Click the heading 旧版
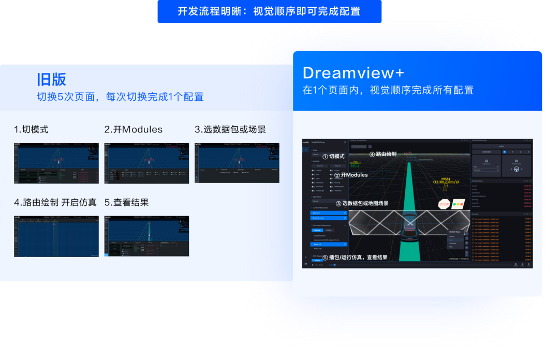click(x=52, y=79)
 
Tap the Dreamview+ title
click(x=354, y=72)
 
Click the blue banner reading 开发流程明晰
click(x=269, y=11)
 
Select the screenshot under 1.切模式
click(x=56, y=163)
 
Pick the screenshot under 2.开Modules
click(x=146, y=163)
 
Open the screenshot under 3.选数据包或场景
click(x=237, y=163)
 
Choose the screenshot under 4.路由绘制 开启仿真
click(x=56, y=236)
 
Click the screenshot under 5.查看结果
click(x=146, y=236)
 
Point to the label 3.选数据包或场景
click(x=230, y=129)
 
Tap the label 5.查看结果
click(x=126, y=202)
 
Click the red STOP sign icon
click(x=444, y=204)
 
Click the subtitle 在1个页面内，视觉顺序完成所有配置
click(x=388, y=90)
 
